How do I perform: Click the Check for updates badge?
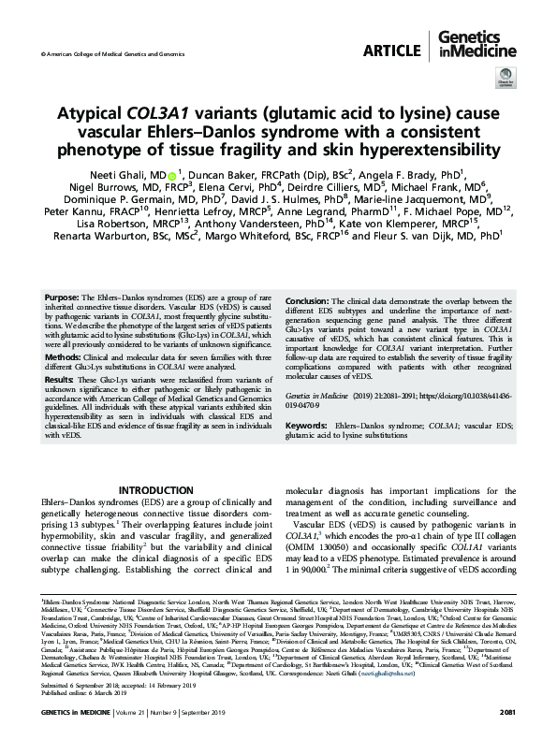coord(505,85)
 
